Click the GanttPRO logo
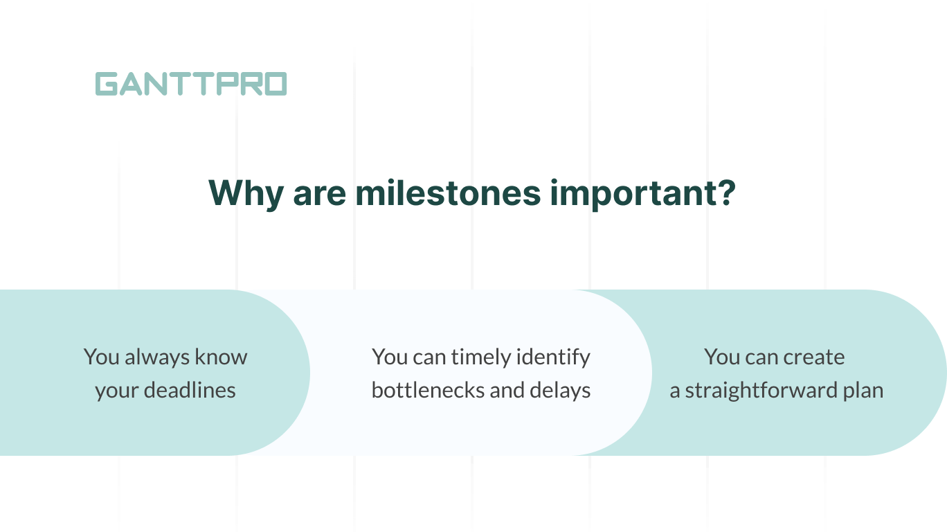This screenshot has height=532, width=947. [190, 84]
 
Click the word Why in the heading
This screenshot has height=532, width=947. [245, 193]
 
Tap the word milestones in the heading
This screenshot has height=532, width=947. [448, 193]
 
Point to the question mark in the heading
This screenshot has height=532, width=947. [725, 193]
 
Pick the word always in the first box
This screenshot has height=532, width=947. [154, 357]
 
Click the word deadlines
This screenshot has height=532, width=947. [190, 391]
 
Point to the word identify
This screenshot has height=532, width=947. [556, 357]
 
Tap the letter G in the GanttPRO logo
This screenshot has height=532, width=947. [107, 84]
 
